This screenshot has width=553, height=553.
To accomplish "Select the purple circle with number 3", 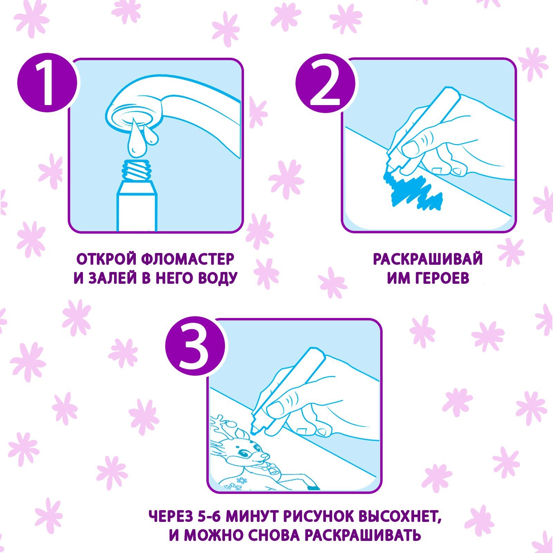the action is (195, 346).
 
